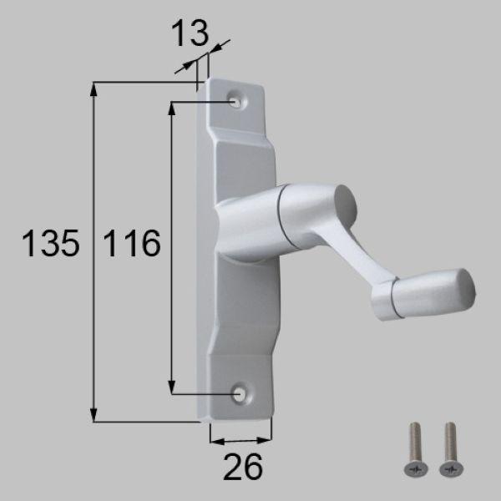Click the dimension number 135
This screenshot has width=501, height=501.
pos(50,243)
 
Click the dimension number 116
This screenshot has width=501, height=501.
pos(132,243)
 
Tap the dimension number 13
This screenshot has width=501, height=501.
pos(190,33)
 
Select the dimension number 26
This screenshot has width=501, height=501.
pos(242,467)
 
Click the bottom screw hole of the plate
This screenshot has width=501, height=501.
pos(238,393)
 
